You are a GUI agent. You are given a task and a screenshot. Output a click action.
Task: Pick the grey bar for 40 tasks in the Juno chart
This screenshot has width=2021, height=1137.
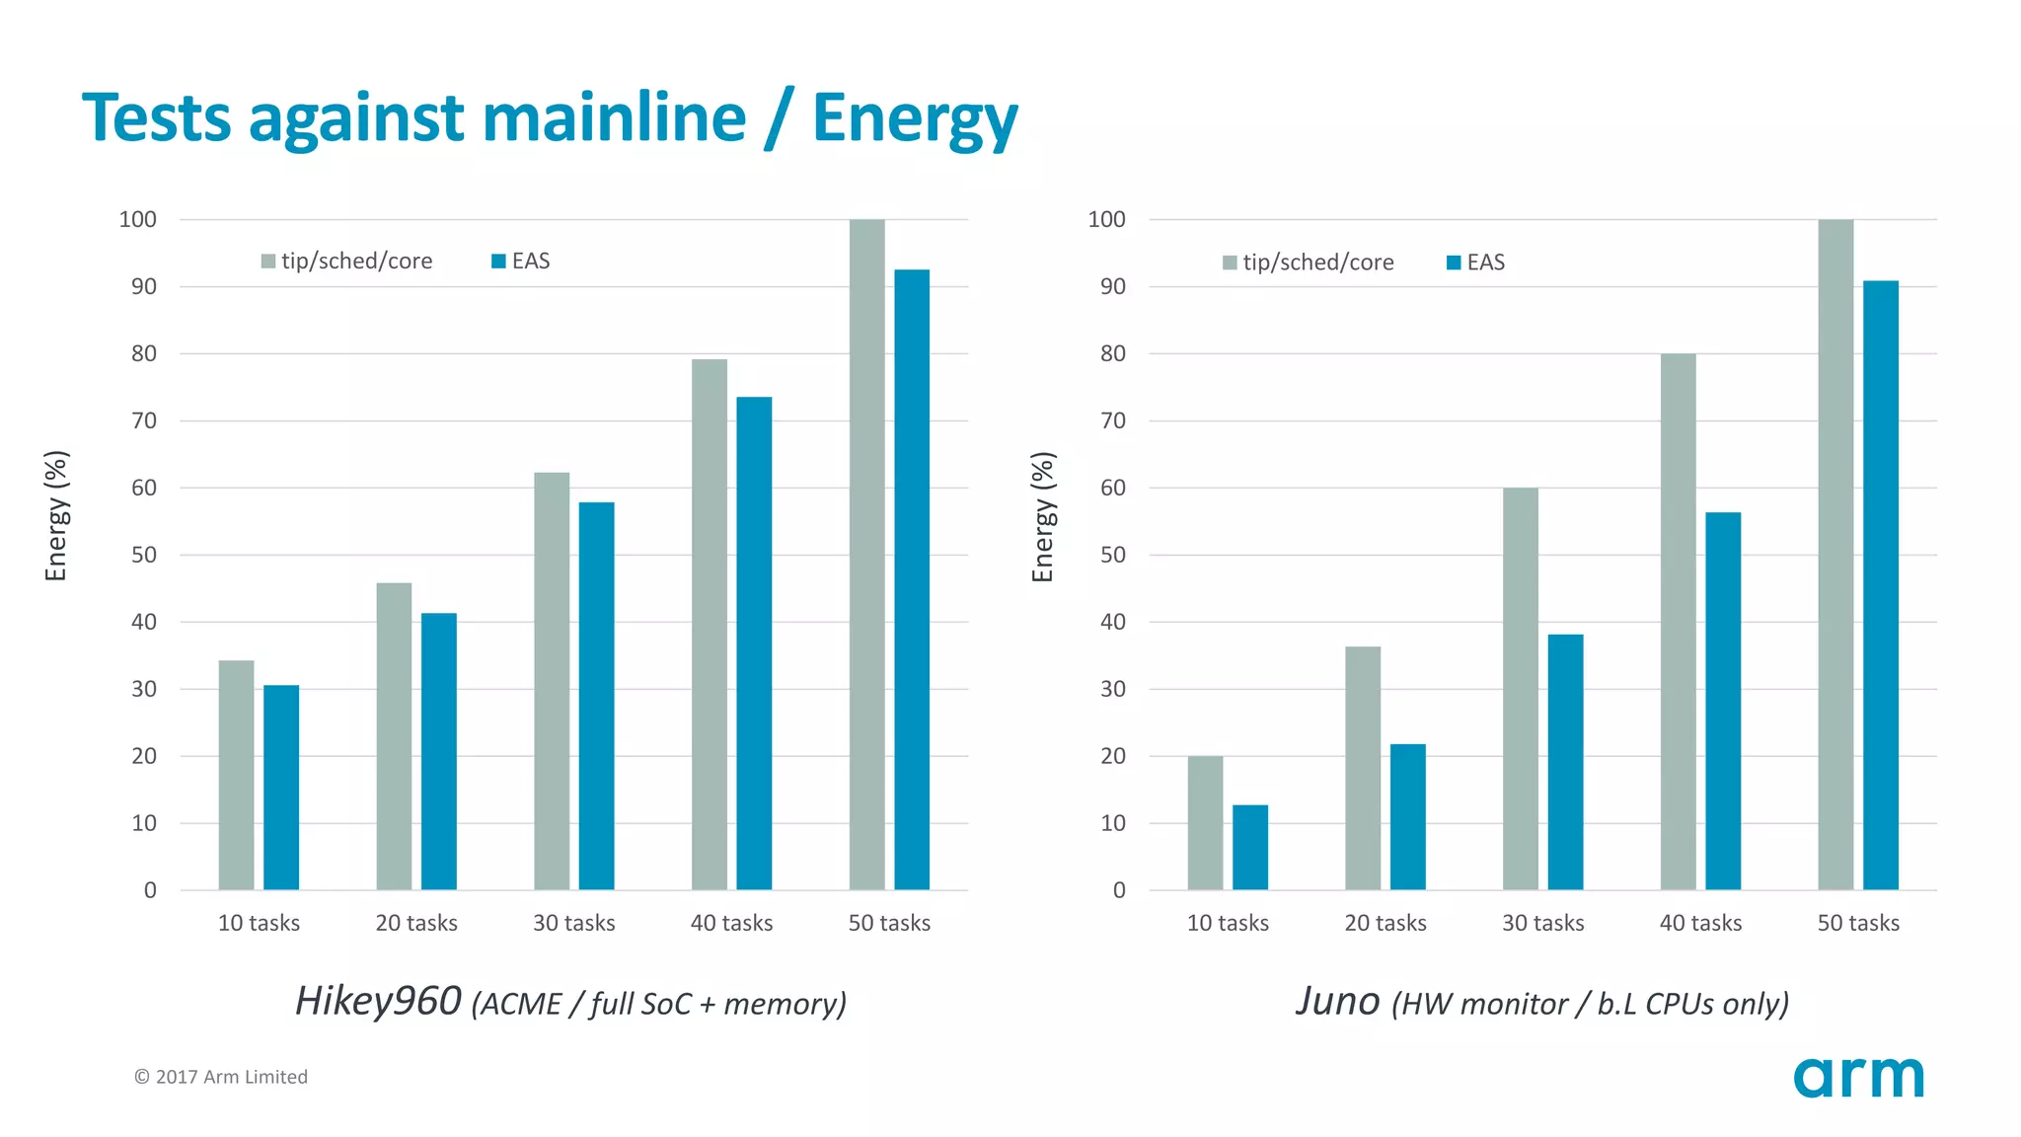[x=1678, y=622]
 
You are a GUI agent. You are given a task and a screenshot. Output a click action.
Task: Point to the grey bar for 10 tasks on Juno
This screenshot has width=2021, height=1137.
[x=1205, y=823]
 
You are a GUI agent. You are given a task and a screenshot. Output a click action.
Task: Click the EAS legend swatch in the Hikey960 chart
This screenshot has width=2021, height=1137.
[x=499, y=262]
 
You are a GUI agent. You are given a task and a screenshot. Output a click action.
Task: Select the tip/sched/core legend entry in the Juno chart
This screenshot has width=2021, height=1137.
[x=1308, y=263]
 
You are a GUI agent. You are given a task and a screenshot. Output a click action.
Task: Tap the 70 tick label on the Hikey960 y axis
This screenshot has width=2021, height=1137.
[x=144, y=421]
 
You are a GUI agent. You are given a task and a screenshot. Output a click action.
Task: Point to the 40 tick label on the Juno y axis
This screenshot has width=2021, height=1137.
[x=1113, y=622]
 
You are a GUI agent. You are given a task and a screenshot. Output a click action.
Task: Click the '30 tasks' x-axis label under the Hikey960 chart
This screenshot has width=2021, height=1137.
[x=573, y=923]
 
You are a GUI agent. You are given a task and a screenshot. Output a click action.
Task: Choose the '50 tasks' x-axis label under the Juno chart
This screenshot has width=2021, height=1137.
[x=1858, y=923]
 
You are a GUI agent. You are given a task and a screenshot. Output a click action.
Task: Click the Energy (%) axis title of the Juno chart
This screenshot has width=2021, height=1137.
[x=1043, y=516]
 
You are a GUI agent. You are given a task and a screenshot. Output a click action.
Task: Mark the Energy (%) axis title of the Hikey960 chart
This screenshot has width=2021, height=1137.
[x=56, y=516]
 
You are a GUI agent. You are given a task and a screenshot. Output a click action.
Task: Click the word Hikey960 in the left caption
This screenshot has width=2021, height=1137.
[x=378, y=1001]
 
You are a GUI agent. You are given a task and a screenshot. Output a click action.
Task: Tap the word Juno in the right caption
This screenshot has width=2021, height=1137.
[x=1337, y=1001]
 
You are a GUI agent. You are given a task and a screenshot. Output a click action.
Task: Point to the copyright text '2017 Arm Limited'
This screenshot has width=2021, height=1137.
[x=231, y=1077]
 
